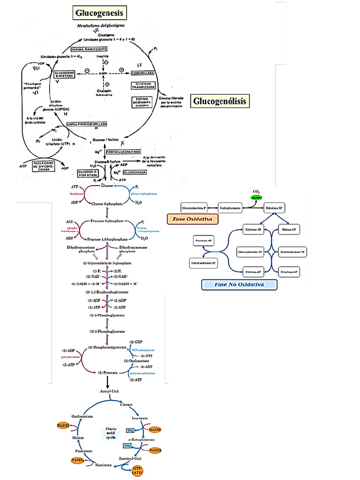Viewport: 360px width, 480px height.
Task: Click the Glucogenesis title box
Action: pos(99,13)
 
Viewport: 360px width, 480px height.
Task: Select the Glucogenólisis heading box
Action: pos(220,101)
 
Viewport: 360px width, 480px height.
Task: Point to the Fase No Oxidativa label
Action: pos(239,285)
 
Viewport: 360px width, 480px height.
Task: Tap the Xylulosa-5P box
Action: pos(253,229)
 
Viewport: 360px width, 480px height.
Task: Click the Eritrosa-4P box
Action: pos(253,272)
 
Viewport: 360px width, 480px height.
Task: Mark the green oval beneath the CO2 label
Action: pos(256,198)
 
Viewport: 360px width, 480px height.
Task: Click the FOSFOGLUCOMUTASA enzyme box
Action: pos(124,152)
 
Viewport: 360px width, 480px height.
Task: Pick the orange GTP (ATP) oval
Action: pos(137,471)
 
